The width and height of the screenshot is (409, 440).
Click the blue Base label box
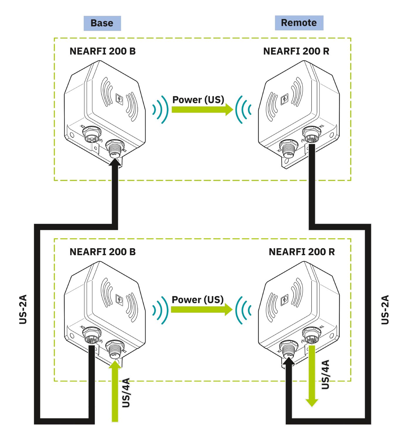tap(102, 23)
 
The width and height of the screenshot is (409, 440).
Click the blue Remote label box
tap(299, 23)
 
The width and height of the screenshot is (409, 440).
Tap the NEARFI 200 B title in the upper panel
tap(102, 51)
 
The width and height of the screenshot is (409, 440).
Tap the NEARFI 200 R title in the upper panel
tap(296, 51)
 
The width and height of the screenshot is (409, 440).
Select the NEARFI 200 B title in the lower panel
tap(102, 252)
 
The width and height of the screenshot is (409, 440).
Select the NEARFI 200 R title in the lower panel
tap(302, 252)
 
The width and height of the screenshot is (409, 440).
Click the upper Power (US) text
tap(198, 100)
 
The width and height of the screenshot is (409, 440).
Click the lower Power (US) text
tap(198, 300)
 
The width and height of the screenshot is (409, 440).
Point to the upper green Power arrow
tap(203, 109)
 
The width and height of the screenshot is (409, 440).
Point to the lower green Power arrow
tap(202, 309)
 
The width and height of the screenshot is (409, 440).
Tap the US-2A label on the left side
tap(23, 309)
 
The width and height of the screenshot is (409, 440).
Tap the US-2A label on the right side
tap(385, 309)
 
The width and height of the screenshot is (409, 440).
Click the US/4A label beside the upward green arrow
tap(126, 393)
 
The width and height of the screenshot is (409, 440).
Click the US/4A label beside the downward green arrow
tap(325, 374)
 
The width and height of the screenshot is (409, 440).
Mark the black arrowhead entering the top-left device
tap(115, 161)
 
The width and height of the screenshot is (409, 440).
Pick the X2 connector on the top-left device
tap(91, 134)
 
